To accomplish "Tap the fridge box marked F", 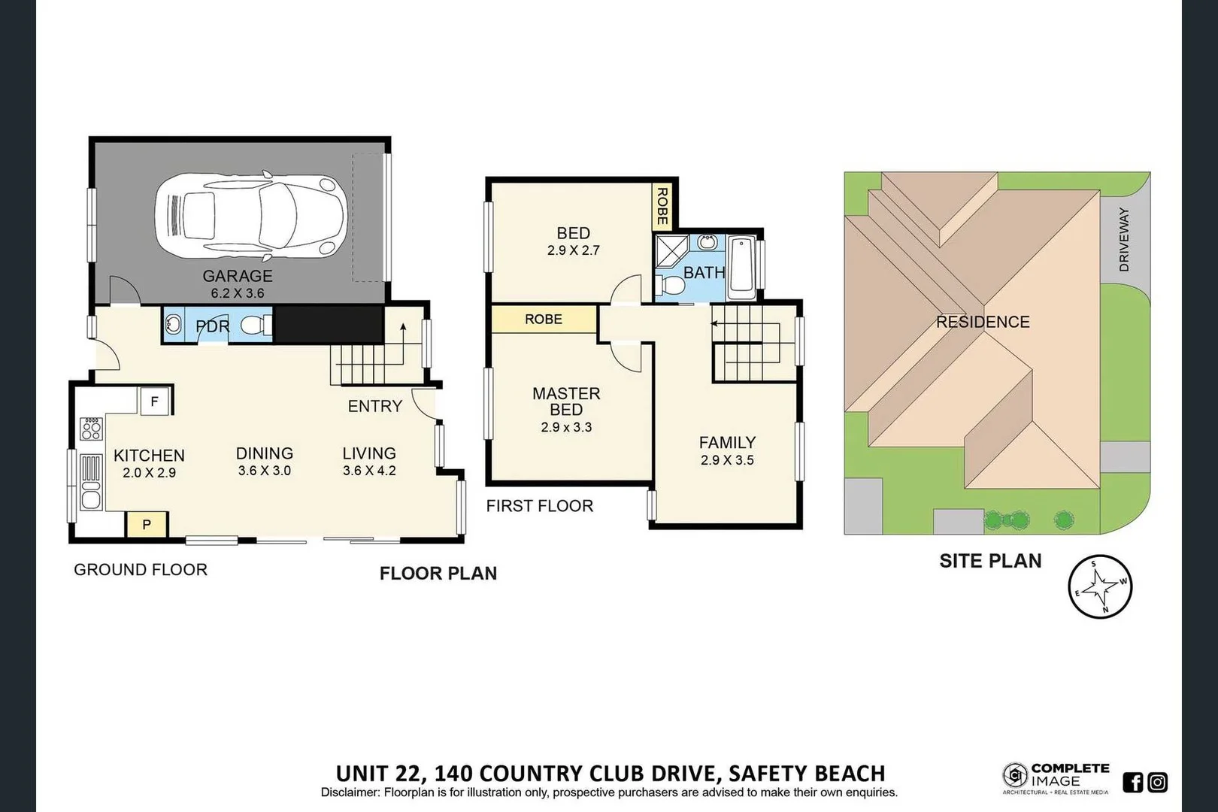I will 155,401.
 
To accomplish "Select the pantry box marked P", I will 147,524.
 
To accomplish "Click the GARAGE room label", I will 238,276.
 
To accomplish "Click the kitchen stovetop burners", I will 92,429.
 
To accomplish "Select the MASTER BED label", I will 566,401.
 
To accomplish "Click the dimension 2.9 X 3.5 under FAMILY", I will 727,460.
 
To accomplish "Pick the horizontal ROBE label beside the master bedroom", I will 544,320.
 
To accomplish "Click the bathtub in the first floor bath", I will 742,266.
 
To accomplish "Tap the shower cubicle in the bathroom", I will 671,250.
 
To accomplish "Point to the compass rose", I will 1100,586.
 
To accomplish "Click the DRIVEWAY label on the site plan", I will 1124,239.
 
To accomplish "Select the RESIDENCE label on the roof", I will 983,322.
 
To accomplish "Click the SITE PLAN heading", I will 990,561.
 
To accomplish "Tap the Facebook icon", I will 1133,783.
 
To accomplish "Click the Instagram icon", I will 1158,783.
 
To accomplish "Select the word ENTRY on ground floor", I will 374,406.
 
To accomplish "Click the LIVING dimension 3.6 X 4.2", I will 369,471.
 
